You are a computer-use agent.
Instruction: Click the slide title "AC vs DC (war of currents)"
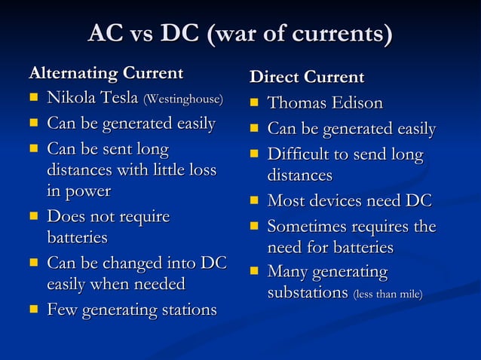(240, 35)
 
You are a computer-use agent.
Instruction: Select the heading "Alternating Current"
(106, 74)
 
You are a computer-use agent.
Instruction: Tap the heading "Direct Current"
(307, 78)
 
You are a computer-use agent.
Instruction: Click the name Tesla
(118, 99)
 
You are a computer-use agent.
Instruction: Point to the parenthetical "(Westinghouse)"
(183, 99)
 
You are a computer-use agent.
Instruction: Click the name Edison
(354, 103)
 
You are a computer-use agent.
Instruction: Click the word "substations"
(308, 292)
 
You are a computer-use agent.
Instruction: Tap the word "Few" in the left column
(60, 310)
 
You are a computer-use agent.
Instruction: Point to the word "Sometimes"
(305, 226)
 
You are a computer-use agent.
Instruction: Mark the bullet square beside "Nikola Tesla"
(33, 99)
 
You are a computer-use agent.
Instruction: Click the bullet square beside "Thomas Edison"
(255, 104)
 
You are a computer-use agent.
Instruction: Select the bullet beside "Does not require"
(33, 218)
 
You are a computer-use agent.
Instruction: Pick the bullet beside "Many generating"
(255, 272)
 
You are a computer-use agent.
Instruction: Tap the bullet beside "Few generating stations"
(33, 310)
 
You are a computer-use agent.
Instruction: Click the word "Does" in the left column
(64, 217)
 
